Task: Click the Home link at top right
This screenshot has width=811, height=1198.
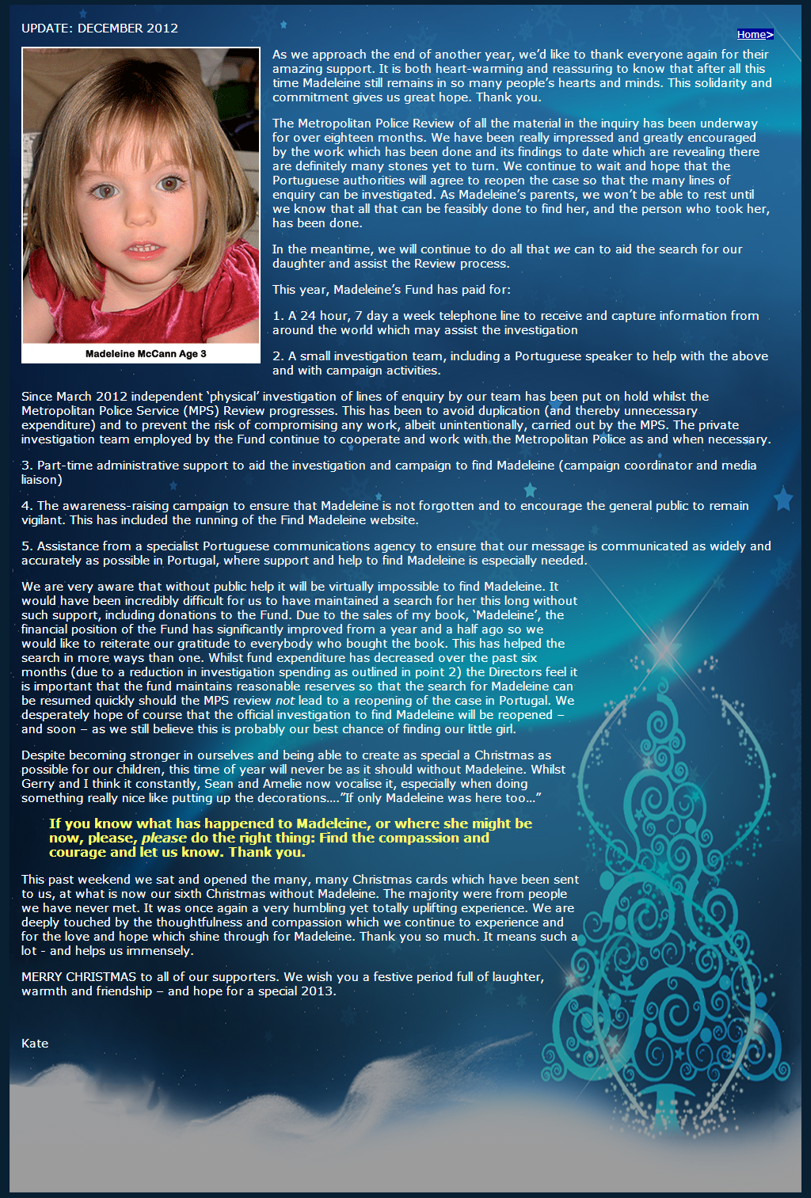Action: [x=753, y=35]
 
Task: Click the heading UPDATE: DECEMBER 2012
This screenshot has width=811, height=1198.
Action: [x=100, y=29]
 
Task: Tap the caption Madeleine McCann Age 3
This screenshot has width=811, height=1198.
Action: [x=146, y=354]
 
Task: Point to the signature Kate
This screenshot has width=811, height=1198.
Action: [x=35, y=1044]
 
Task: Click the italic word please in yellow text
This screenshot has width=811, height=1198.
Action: [x=164, y=839]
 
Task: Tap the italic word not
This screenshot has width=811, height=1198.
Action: [x=284, y=701]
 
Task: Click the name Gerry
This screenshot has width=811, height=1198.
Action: [x=38, y=784]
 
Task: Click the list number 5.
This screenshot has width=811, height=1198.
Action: [x=26, y=546]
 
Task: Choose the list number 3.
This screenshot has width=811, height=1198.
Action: [x=26, y=466]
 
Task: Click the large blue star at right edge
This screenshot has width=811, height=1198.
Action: [x=782, y=499]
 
